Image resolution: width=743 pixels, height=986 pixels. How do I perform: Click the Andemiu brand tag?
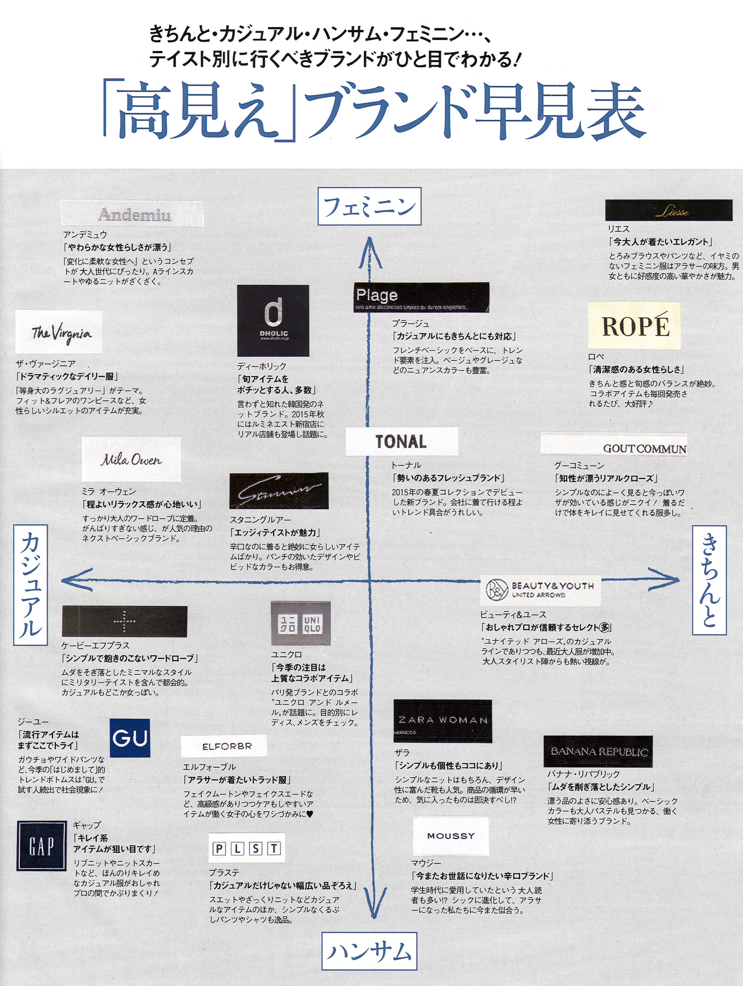(x=132, y=214)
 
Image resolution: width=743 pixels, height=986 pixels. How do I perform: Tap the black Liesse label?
(x=668, y=210)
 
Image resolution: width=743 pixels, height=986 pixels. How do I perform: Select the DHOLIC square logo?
(x=273, y=320)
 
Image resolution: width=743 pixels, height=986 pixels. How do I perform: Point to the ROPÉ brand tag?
(x=634, y=325)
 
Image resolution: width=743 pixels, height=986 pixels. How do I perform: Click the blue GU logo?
(x=130, y=738)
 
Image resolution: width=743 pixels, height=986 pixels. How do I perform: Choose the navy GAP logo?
(x=41, y=846)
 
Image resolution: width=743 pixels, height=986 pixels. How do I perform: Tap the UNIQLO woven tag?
(x=301, y=624)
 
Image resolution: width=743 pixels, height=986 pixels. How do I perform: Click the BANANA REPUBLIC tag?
(x=598, y=751)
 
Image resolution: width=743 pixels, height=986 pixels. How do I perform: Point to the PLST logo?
(x=247, y=848)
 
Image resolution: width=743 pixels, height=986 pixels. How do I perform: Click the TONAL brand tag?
(x=402, y=441)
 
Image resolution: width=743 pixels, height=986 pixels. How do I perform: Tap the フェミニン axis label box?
(x=369, y=206)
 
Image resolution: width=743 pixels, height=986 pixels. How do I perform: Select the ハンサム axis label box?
(x=369, y=951)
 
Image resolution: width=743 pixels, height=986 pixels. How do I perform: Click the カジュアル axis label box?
(x=30, y=585)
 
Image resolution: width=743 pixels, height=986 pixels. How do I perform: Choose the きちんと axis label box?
(x=709, y=581)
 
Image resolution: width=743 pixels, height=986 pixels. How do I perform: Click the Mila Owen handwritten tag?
(x=131, y=459)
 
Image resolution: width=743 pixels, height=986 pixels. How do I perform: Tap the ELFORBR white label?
(x=224, y=746)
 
